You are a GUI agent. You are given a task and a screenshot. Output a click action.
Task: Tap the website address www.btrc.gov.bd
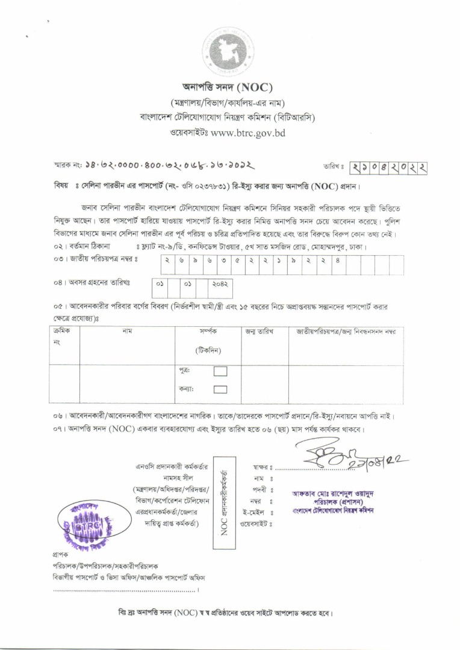[x=248, y=132]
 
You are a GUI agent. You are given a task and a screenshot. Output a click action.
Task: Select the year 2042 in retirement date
[x=222, y=282]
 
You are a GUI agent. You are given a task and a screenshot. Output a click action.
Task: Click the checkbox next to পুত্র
[x=220, y=371]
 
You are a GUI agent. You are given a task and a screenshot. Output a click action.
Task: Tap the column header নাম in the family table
[x=127, y=332]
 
